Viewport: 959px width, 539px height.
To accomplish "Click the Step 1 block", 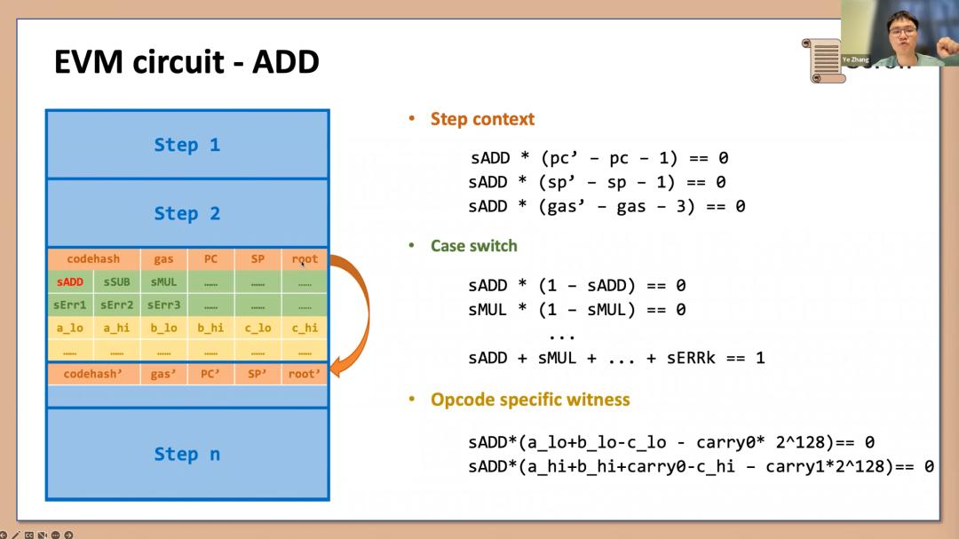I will pyautogui.click(x=186, y=145).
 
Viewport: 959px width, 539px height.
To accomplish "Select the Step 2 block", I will pyautogui.click(x=186, y=213).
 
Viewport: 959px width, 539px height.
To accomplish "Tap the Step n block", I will pyautogui.click(x=186, y=454).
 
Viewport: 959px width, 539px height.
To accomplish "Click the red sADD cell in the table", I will pyautogui.click(x=69, y=282).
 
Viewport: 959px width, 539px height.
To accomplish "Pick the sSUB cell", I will pyautogui.click(x=116, y=282).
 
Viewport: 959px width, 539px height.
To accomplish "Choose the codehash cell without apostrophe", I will pyautogui.click(x=93, y=259).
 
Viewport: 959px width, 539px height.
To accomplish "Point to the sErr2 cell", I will pyautogui.click(x=116, y=305).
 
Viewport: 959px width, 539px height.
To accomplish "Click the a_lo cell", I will pyautogui.click(x=69, y=328).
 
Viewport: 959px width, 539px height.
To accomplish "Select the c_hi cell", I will pyautogui.click(x=305, y=328).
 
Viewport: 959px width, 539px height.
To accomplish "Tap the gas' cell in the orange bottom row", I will pyautogui.click(x=163, y=374).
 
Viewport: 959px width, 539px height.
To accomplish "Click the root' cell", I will pyautogui.click(x=305, y=374).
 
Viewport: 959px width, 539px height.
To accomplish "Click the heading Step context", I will pyautogui.click(x=482, y=119).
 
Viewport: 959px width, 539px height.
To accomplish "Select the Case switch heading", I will pyautogui.click(x=473, y=245).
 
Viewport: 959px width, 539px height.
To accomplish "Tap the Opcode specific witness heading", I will pyautogui.click(x=530, y=400).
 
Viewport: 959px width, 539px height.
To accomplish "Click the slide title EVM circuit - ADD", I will pyautogui.click(x=186, y=62).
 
